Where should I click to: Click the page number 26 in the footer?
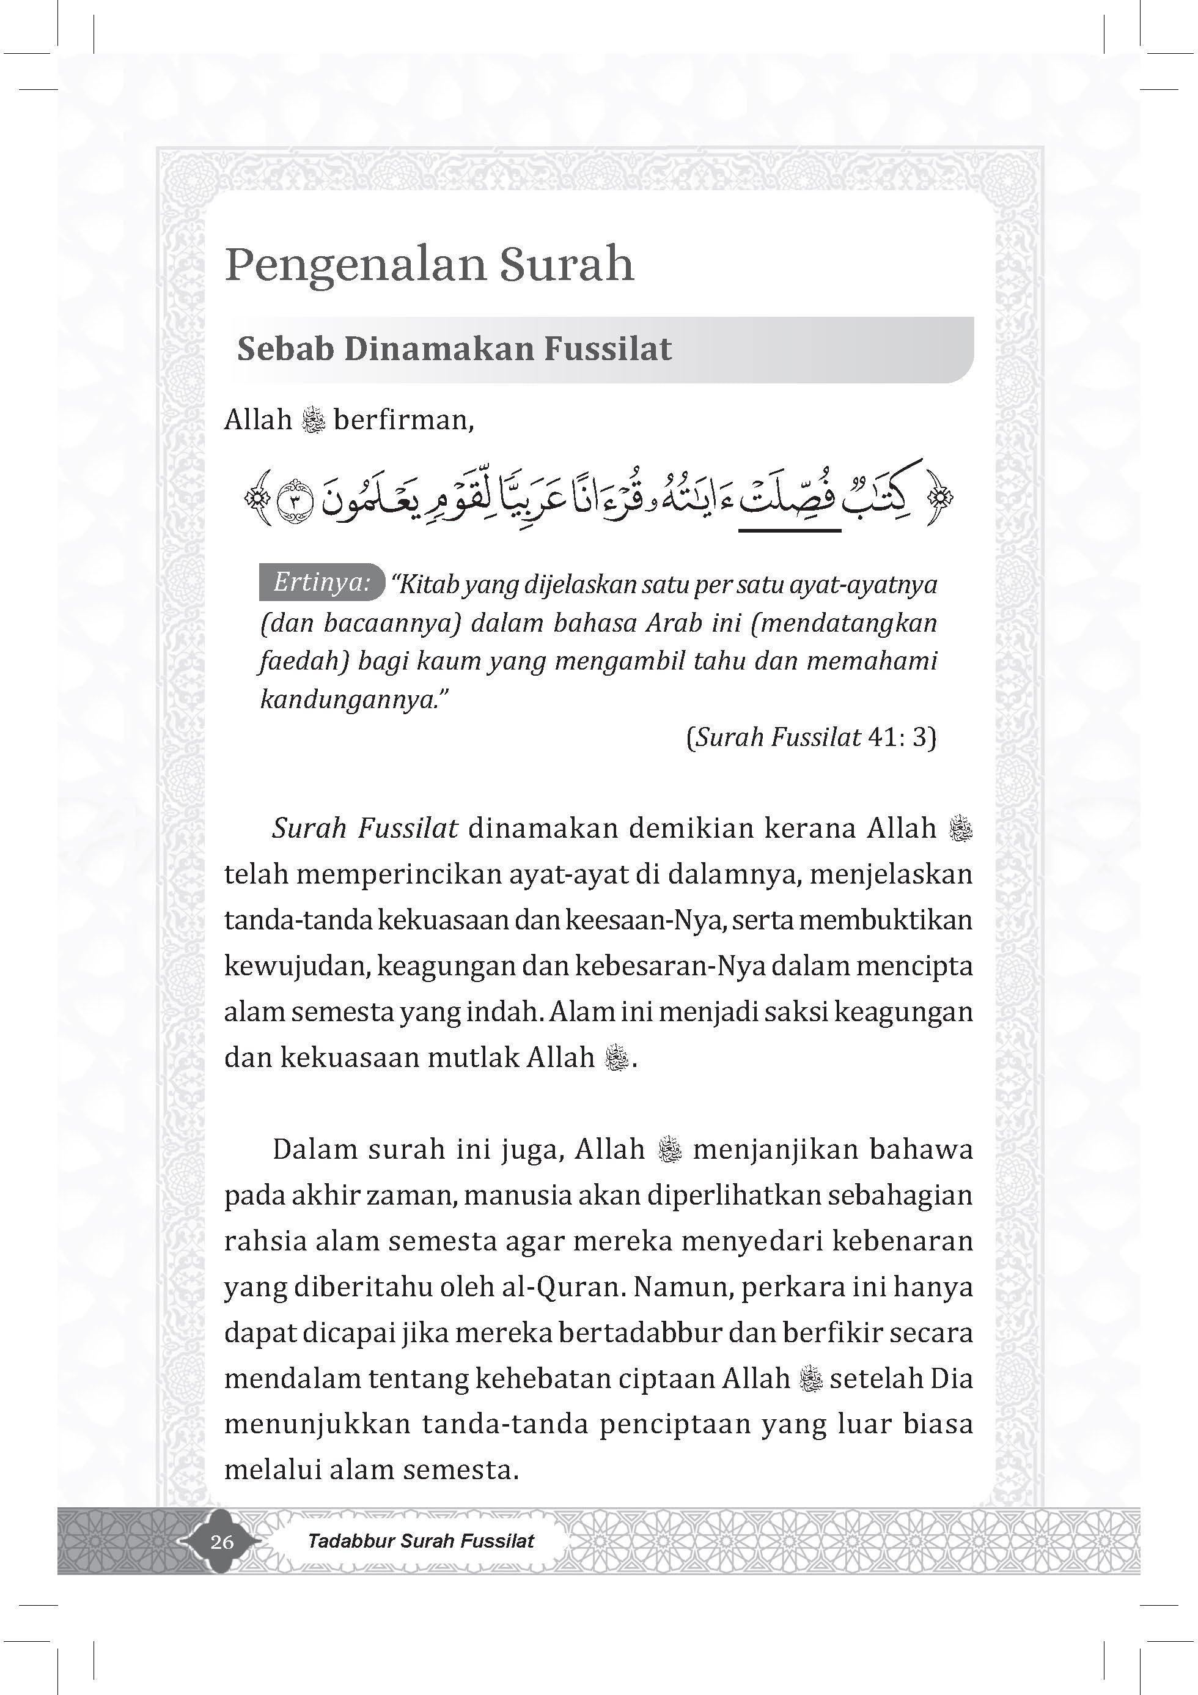click(221, 1542)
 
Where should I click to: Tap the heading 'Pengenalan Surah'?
click(429, 264)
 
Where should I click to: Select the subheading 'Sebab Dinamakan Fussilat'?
click(454, 349)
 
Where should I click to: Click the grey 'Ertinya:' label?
click(321, 583)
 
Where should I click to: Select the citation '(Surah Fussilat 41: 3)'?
click(811, 737)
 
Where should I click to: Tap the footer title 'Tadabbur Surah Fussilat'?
click(421, 1542)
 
